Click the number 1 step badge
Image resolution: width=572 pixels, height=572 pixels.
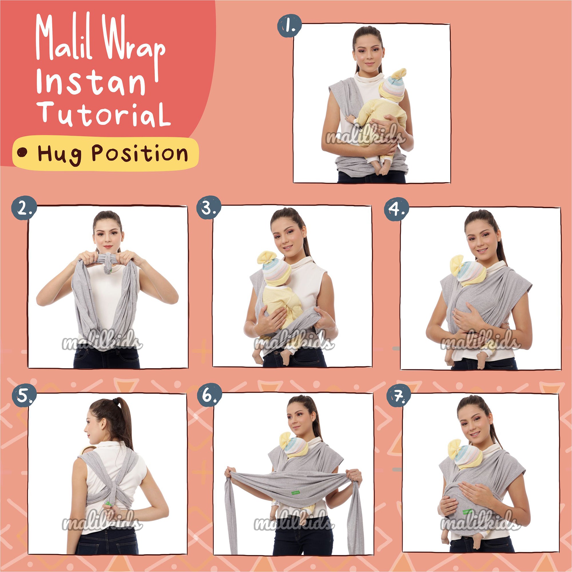(289, 26)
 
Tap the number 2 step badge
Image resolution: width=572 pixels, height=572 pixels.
(24, 208)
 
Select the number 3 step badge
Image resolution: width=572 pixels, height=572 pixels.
(209, 207)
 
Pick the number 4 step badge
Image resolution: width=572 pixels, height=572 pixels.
(396, 209)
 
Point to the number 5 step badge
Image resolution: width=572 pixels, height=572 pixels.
(24, 396)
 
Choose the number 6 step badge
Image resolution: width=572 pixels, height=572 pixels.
(210, 395)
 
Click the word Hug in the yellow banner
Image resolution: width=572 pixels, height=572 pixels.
(59, 154)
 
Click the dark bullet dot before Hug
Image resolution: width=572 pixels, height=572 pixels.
(22, 152)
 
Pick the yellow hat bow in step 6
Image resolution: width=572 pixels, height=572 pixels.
(285, 440)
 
